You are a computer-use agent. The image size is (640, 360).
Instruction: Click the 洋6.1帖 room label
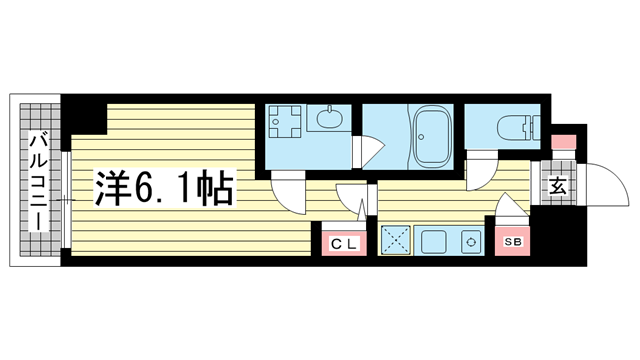coord(164,188)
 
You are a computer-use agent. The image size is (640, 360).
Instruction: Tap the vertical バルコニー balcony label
coord(40,182)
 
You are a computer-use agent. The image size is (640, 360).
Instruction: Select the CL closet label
coord(344,244)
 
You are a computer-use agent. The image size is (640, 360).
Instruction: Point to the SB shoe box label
coord(513,242)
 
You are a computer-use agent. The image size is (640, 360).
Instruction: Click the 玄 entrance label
coord(558,187)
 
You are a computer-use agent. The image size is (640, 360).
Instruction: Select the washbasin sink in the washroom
coord(328,118)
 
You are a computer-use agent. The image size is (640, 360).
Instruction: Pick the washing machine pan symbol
coord(284,121)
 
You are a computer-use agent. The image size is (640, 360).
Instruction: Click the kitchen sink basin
coord(433,241)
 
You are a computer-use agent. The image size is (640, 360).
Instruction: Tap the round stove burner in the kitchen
coord(471,242)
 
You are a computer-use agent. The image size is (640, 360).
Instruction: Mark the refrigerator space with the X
coord(396,240)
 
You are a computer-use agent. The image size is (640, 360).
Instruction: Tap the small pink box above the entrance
coord(564,142)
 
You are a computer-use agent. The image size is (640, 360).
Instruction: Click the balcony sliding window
coord(66,200)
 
